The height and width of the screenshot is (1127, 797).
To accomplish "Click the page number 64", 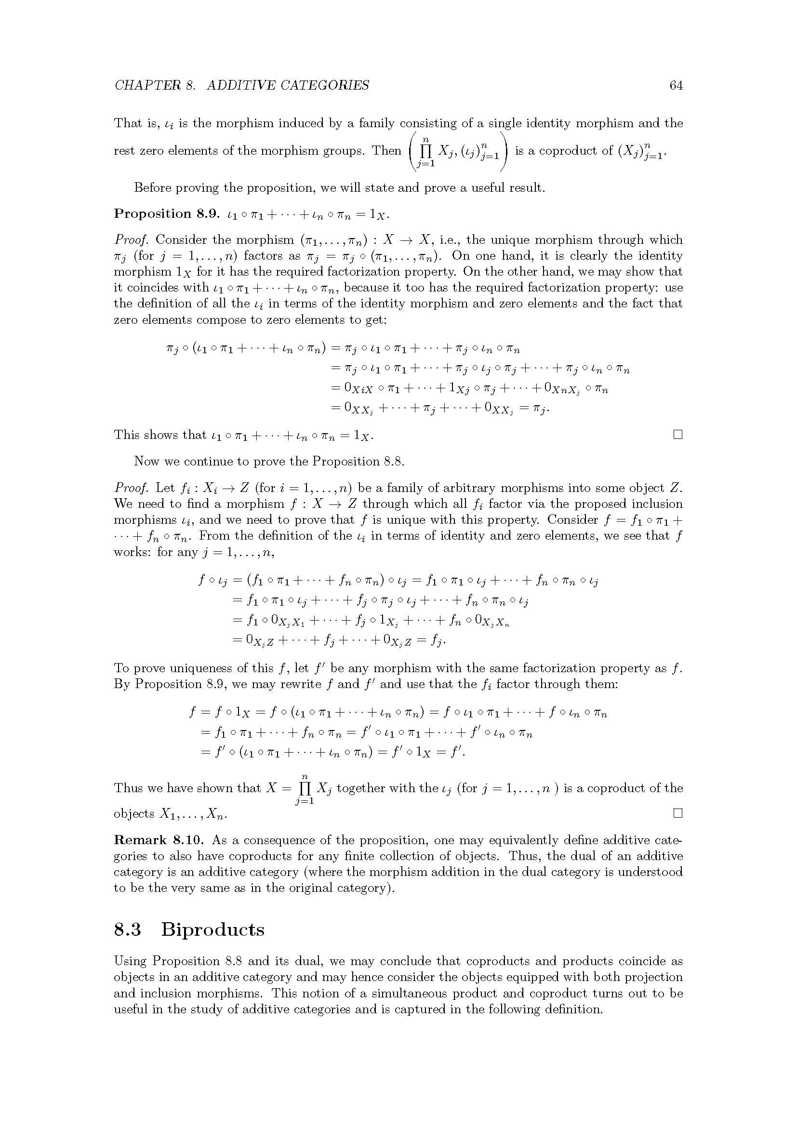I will tap(676, 86).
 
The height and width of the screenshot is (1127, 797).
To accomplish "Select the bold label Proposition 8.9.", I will tap(166, 214).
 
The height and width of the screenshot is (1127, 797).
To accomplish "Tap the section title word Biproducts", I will tap(213, 929).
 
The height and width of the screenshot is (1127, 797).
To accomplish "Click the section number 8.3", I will tap(128, 929).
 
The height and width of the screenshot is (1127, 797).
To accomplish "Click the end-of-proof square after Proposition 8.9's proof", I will tap(678, 435).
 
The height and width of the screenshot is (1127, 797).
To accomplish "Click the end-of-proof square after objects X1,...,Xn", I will tap(678, 813).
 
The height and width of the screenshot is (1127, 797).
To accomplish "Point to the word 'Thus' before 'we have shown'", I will tap(129, 788).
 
